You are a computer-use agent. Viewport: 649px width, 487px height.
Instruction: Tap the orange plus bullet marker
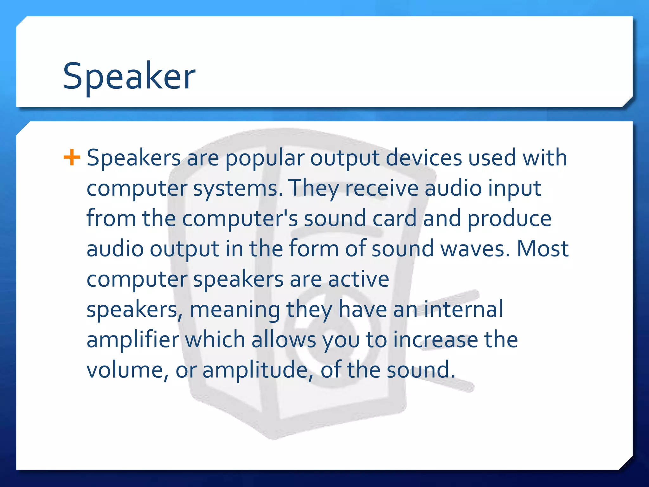[72, 158]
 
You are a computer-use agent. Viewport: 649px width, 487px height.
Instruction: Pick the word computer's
[240, 218]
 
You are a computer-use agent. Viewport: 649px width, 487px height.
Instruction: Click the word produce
[509, 218]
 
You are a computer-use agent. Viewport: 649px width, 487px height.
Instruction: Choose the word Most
[543, 249]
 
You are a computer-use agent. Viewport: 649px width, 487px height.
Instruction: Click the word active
[358, 279]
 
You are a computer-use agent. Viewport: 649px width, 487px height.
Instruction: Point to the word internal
[463, 309]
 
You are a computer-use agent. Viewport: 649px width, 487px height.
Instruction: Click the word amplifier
[133, 340]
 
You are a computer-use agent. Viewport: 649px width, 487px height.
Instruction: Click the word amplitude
[255, 370]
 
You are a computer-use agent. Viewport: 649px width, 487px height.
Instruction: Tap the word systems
[238, 189]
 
